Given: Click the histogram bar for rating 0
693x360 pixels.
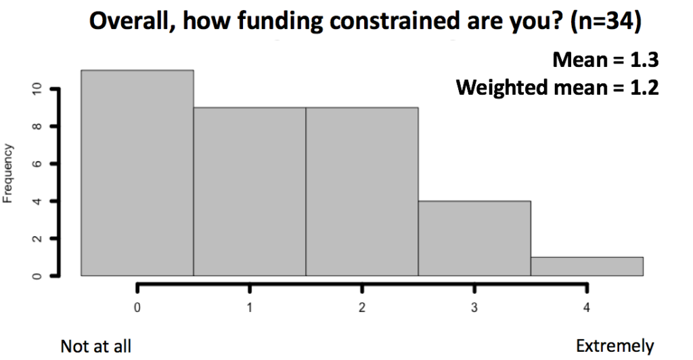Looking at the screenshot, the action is [x=137, y=173].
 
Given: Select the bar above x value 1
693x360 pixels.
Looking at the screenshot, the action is [x=250, y=192].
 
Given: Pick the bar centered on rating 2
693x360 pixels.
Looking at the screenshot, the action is [x=362, y=192].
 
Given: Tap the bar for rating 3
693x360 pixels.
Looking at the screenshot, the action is [x=474, y=238].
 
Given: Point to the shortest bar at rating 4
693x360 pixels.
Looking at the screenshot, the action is [x=587, y=267].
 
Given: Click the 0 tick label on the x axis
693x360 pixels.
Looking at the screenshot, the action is [x=137, y=307].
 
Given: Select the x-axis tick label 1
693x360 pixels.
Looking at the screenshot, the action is [x=250, y=307].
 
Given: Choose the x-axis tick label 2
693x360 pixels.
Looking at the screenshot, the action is [x=362, y=307].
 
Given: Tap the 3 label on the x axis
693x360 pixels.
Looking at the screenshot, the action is [x=474, y=307].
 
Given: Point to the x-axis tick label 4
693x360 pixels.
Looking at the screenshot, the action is [x=587, y=307].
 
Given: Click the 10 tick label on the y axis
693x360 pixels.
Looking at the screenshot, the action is [x=37, y=89].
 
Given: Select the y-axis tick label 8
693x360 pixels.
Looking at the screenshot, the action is [x=37, y=127].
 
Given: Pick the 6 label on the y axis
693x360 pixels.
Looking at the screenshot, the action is [x=37, y=164].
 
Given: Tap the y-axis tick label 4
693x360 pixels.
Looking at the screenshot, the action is [x=37, y=201].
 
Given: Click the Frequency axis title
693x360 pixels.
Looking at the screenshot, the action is [x=7, y=174].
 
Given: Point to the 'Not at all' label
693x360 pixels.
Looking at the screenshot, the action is [x=96, y=346].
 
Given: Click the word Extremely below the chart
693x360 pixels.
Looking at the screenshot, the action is [x=614, y=346].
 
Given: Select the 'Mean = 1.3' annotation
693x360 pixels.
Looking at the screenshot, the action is [x=606, y=60].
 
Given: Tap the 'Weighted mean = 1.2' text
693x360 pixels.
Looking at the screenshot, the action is [x=558, y=87].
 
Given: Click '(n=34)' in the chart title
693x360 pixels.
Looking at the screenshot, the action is [x=606, y=21].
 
